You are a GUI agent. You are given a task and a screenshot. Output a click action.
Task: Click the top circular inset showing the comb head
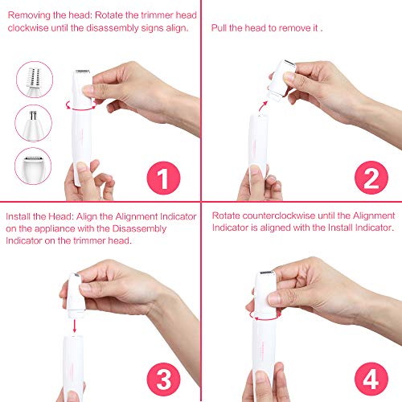point(32,81)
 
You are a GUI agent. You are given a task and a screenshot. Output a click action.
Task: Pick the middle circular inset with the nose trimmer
point(32,125)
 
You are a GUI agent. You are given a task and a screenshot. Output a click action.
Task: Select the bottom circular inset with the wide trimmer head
point(32,168)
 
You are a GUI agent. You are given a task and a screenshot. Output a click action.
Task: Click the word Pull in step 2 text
point(219,27)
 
